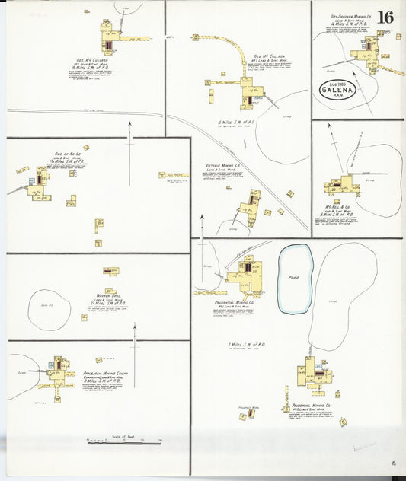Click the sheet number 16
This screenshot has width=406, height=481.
385,17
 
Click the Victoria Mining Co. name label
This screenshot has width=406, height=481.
223,165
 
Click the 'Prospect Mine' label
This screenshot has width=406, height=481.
249,407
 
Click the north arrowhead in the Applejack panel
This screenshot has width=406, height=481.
135,326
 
